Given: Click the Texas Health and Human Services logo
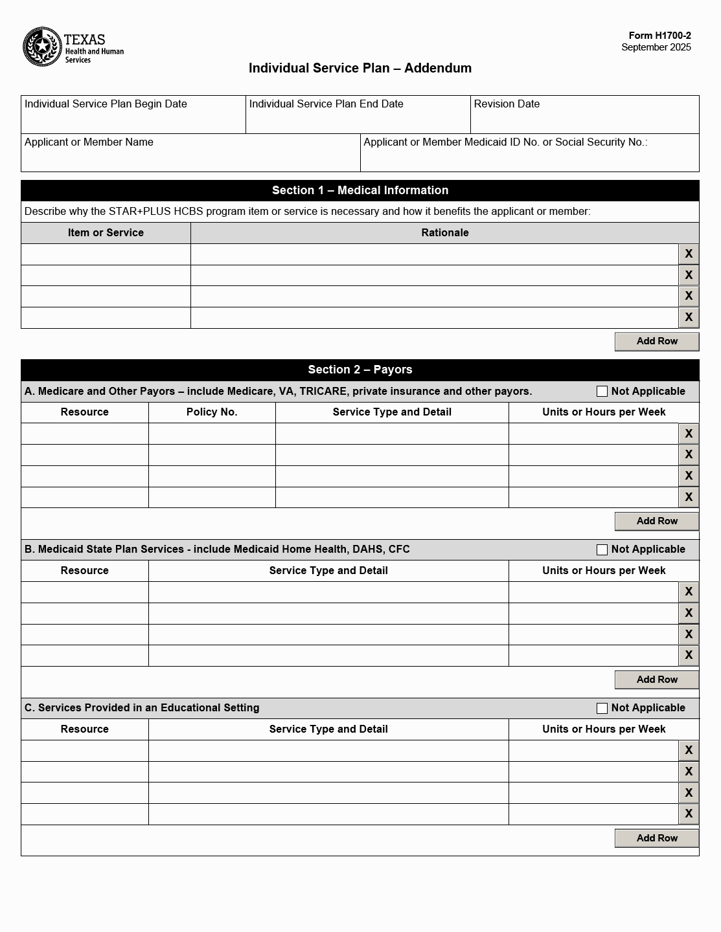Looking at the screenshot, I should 73,47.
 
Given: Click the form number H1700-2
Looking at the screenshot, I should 659,36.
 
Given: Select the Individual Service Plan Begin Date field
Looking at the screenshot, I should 133,120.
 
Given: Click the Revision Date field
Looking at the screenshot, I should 584,120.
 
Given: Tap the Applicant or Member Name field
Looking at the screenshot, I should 190,158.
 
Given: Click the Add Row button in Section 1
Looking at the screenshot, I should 656,341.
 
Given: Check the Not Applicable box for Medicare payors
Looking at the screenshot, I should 602,392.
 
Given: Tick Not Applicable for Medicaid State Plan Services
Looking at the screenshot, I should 602,549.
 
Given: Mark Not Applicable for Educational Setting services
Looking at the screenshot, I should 602,708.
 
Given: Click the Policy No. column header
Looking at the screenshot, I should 212,412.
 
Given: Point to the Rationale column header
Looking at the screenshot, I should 444,233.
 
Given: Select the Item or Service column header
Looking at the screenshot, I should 106,233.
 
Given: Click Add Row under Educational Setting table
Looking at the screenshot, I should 656,838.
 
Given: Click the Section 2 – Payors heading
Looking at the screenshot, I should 360,370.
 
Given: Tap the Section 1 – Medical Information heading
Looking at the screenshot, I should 360,190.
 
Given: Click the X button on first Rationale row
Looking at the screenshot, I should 688,254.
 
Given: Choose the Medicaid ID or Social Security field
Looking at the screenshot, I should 529,158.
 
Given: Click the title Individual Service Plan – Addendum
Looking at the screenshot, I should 360,68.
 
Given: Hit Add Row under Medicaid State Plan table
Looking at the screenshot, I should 656,680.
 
